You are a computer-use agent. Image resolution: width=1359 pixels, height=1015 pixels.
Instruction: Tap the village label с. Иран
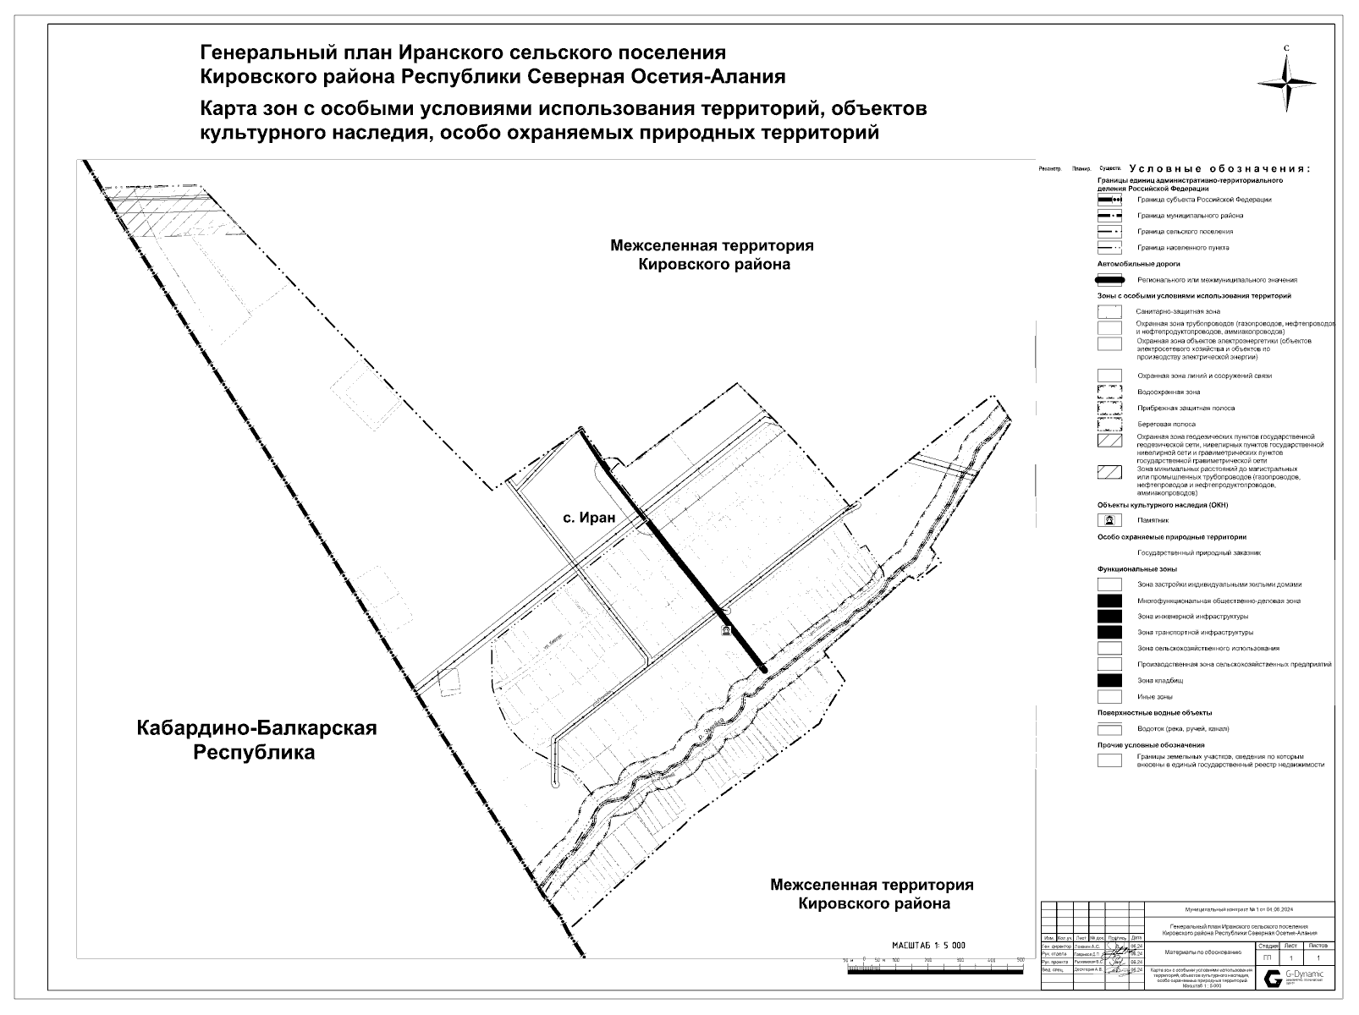588,518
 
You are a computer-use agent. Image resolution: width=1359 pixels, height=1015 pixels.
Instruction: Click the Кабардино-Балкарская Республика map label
256,739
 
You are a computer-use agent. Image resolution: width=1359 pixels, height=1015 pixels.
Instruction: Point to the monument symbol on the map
725,631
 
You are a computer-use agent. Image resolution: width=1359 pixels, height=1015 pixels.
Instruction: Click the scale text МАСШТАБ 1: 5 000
928,945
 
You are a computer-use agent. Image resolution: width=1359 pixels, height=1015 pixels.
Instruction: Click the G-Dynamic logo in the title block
1295,978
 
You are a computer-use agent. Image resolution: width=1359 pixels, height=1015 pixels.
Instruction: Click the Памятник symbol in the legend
1109,520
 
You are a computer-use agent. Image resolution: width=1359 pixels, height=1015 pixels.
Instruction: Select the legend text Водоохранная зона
1169,392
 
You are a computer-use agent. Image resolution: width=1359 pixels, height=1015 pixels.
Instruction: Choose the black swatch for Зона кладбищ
1109,681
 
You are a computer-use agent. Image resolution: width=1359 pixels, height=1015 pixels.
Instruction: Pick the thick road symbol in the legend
1109,280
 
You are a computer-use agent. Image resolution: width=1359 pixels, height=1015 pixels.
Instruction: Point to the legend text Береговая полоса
1166,424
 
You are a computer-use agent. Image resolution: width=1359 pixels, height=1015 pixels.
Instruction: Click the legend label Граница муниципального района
1190,216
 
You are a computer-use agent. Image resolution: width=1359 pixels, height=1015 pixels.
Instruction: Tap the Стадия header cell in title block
1268,946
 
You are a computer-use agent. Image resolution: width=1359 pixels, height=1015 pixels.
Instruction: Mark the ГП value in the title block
1267,957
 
